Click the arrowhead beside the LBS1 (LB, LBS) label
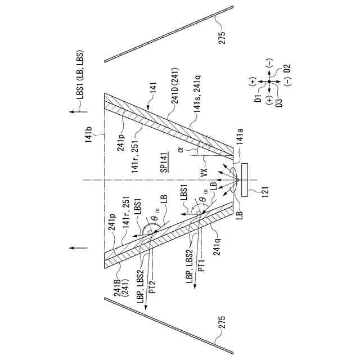coord(74,114)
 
